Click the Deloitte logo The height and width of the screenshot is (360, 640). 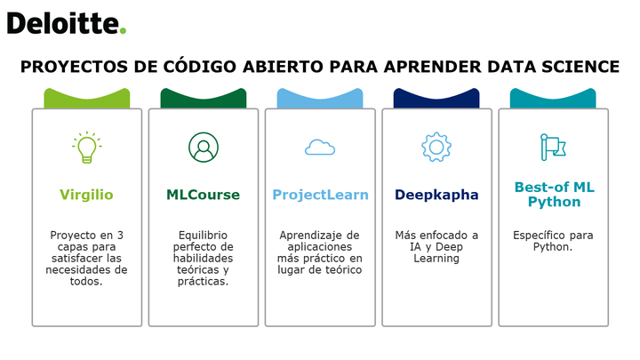click(x=67, y=23)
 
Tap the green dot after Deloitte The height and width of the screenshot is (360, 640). click(x=123, y=30)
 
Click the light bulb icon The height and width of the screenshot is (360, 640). click(x=87, y=148)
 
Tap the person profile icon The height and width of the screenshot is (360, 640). click(x=204, y=148)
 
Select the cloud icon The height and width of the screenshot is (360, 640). click(x=320, y=148)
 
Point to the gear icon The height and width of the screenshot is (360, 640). click(x=436, y=148)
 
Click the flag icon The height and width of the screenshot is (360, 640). click(x=553, y=147)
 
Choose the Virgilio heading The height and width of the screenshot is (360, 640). click(x=86, y=195)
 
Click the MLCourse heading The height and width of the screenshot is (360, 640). click(x=203, y=195)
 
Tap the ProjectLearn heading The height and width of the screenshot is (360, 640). click(x=320, y=195)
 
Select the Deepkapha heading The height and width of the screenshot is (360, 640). click(x=436, y=195)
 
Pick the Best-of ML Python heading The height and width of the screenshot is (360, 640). click(x=555, y=195)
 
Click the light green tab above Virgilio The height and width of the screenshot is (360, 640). click(x=87, y=99)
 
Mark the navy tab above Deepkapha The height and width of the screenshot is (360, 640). click(x=436, y=99)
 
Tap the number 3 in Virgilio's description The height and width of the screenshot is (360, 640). click(x=120, y=235)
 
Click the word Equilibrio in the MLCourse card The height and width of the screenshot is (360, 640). click(x=203, y=236)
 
